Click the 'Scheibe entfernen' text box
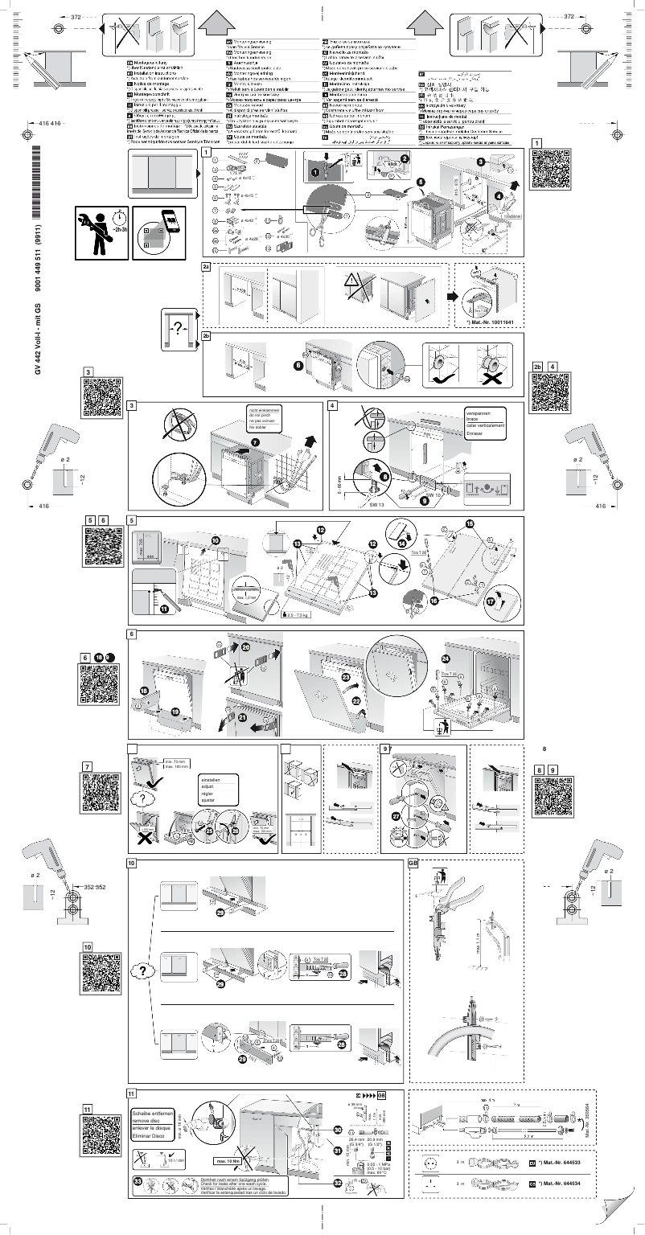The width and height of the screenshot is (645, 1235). (x=151, y=1125)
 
